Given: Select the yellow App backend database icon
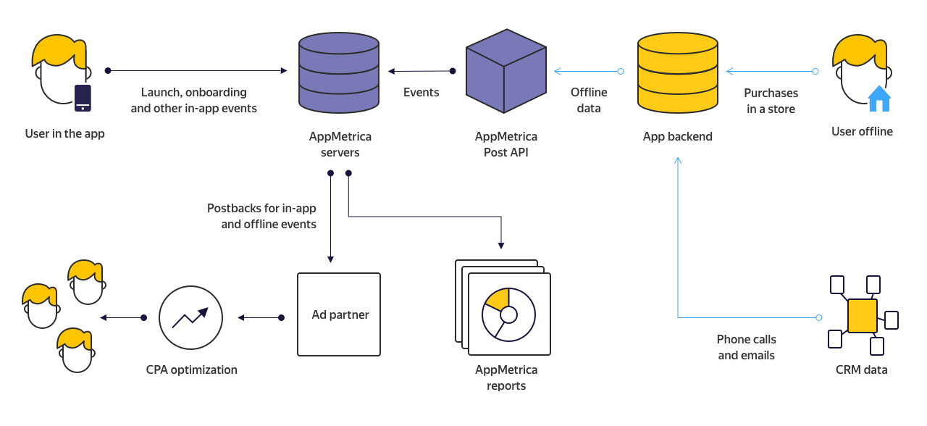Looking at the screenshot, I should coord(677,72).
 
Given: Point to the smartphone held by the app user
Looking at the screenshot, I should coord(83,98).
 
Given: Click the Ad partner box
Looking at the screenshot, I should coord(339,314).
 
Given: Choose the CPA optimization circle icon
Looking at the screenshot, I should coord(190,317).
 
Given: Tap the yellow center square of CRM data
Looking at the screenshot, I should coord(862,316).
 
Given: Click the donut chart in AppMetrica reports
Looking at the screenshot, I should coord(508,314).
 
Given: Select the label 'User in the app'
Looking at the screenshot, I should coord(64,134).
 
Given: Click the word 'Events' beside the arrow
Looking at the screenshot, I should coord(421,93).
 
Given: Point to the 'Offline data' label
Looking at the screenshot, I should coord(589,101).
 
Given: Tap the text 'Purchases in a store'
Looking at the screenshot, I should coord(771,101).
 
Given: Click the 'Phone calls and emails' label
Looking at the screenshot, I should coord(746,347).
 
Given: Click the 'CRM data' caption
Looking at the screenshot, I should coord(861,370).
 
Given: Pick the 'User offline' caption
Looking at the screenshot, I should coord(862,132).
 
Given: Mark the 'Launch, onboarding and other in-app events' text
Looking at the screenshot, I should coord(193,101).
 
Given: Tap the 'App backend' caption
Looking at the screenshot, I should coord(677,136).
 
